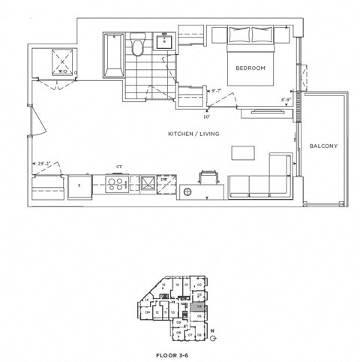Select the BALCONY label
324,146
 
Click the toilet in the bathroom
137,49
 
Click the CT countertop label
118,167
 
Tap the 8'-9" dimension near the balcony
286,99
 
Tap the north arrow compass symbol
213,336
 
